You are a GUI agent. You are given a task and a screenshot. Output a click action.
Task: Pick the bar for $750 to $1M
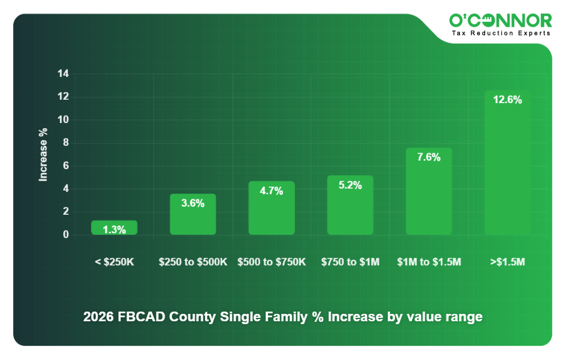coord(350,206)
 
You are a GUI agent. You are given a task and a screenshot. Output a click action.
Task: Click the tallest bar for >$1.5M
coord(507,163)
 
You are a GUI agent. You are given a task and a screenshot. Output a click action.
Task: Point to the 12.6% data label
coord(507,100)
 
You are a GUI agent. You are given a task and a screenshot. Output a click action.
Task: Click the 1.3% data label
coord(114,230)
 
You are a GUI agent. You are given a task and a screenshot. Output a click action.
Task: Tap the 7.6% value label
coord(429,157)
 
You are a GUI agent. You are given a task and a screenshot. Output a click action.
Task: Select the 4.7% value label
coord(272,191)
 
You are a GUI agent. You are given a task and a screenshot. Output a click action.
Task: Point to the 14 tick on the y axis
coord(63,74)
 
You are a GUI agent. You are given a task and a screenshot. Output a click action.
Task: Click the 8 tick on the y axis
coord(65,143)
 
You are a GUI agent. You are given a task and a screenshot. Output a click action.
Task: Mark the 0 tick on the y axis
coord(65,235)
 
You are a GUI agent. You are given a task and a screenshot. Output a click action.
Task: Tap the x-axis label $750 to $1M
coord(350,262)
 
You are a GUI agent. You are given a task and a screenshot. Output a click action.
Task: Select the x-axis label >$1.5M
coord(507,262)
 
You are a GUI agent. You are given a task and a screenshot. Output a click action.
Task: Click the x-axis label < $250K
coord(114,262)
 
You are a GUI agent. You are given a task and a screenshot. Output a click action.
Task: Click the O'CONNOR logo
coord(501,21)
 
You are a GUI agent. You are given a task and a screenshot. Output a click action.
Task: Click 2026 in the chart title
coord(98,317)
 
